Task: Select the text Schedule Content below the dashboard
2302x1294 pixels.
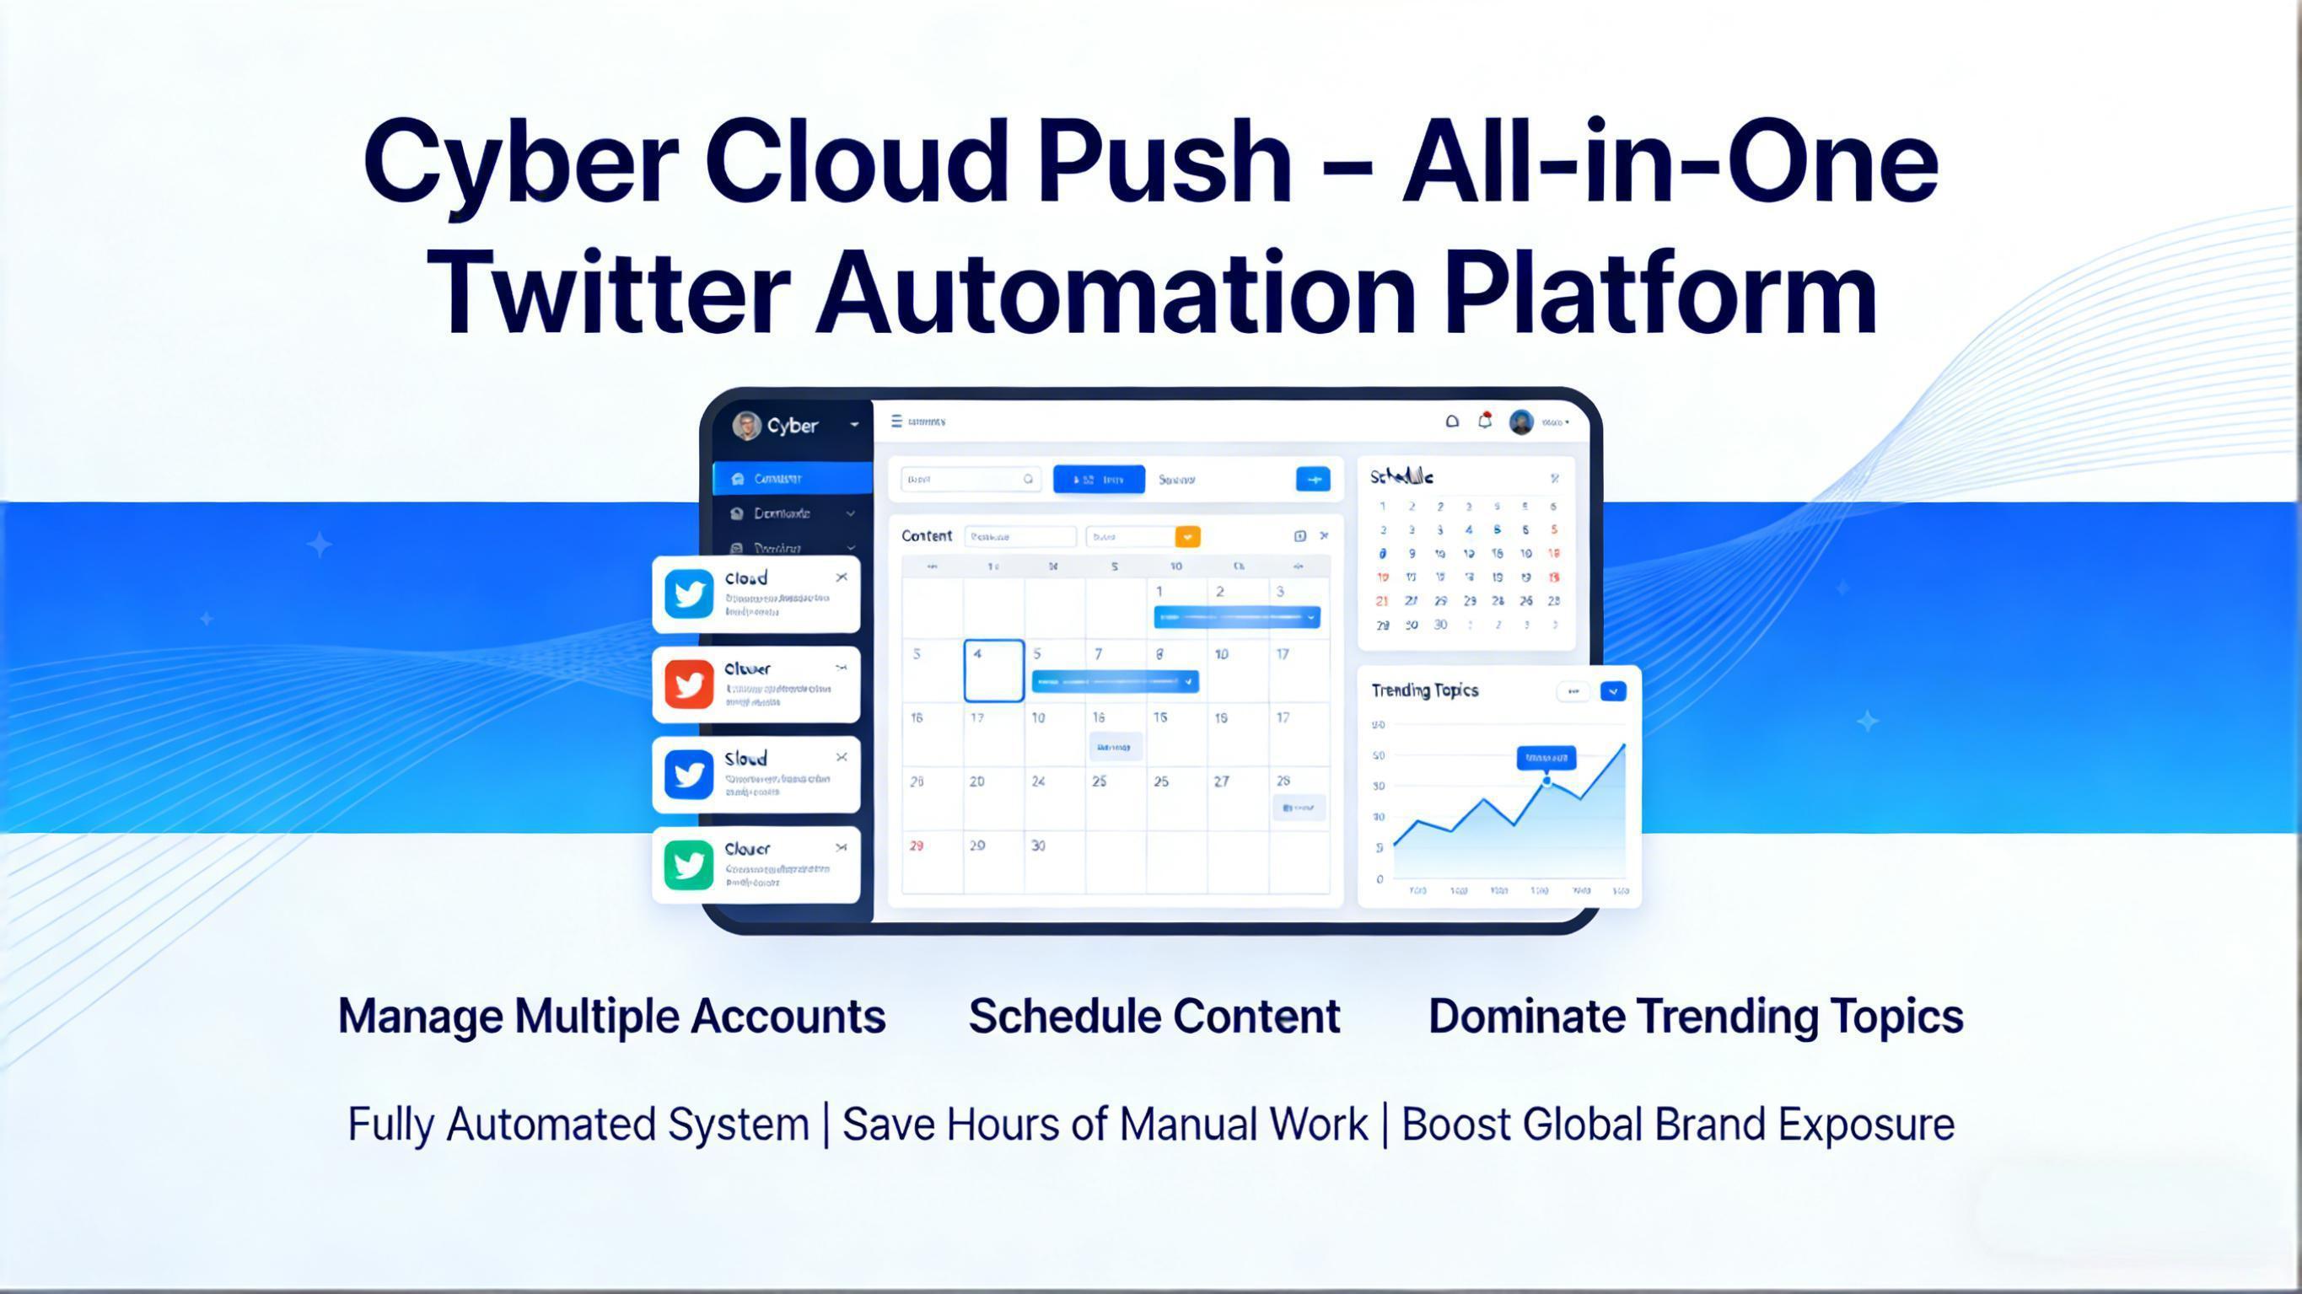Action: click(1154, 1016)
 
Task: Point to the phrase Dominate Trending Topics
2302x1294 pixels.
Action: click(1695, 1016)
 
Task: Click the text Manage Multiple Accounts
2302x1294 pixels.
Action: click(611, 1016)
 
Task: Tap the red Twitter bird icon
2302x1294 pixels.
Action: click(689, 685)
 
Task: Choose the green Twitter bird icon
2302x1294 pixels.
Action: click(689, 865)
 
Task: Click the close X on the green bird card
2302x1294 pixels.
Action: click(841, 847)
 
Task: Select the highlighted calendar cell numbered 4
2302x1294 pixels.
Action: click(993, 670)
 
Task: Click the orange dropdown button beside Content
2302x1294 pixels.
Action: click(1187, 536)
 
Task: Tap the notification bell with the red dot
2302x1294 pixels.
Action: click(1484, 421)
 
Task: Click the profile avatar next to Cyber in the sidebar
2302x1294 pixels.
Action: click(746, 426)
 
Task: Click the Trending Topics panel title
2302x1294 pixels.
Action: click(1424, 690)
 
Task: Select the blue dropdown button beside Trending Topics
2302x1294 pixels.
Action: click(1613, 690)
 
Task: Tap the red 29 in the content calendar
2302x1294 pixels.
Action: click(916, 846)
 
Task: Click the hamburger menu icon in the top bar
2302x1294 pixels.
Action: click(896, 421)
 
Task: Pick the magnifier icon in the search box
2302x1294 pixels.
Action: click(1028, 479)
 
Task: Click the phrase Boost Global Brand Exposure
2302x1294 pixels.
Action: click(1677, 1125)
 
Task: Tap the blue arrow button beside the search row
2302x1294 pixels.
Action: click(1313, 479)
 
